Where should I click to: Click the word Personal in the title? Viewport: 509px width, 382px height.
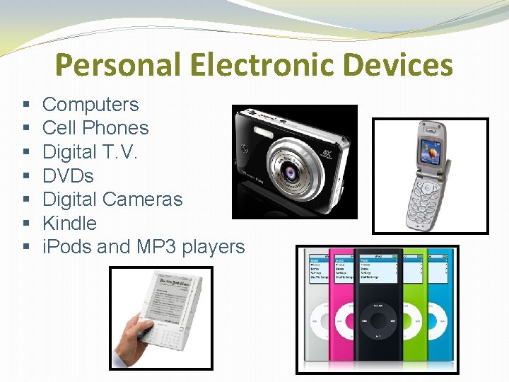[116, 65]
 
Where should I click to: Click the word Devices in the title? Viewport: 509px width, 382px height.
[399, 65]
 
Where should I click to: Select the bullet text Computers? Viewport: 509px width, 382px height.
[90, 105]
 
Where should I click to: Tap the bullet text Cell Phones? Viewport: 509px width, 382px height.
[95, 128]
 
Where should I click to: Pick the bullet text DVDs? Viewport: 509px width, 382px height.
[68, 175]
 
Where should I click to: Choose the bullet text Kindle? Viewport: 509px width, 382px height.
[69, 223]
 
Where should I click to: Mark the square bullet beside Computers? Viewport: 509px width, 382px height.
[25, 105]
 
